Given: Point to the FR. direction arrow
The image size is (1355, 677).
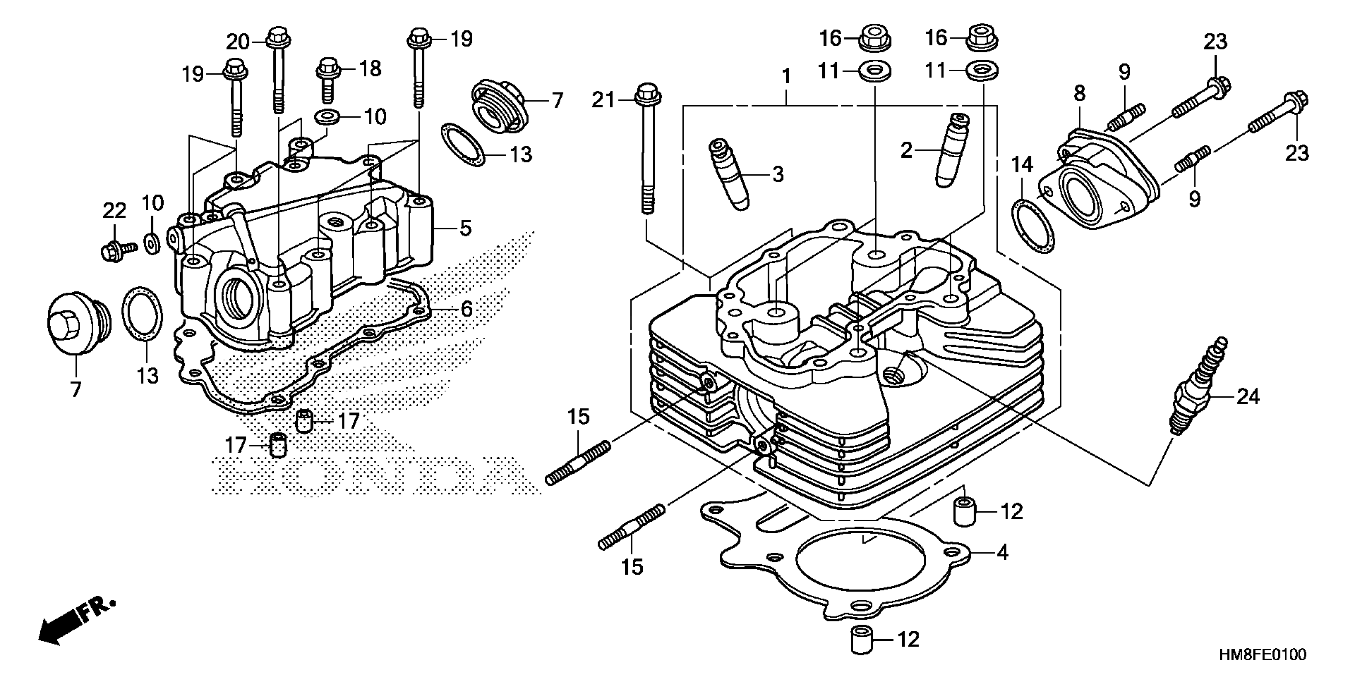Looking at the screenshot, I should (74, 623).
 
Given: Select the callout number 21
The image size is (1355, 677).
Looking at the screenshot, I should (603, 100).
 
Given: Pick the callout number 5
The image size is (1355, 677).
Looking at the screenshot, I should (465, 228).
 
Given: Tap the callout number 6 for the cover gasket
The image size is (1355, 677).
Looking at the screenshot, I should (467, 309).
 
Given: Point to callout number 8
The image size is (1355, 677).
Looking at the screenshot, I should (1079, 94).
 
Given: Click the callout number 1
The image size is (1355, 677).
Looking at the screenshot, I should (786, 77).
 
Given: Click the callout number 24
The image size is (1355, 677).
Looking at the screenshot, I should (1248, 396).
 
